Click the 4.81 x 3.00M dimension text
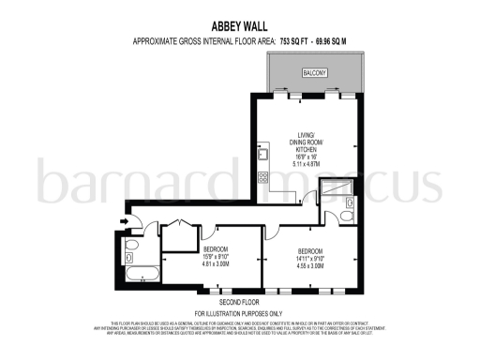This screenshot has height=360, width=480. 217,264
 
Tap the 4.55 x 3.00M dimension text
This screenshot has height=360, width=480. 311,265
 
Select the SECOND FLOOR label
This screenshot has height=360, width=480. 239,301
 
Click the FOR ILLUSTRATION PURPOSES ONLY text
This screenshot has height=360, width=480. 239,312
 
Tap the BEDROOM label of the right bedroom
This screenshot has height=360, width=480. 311,250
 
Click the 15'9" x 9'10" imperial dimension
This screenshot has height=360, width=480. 217,257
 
